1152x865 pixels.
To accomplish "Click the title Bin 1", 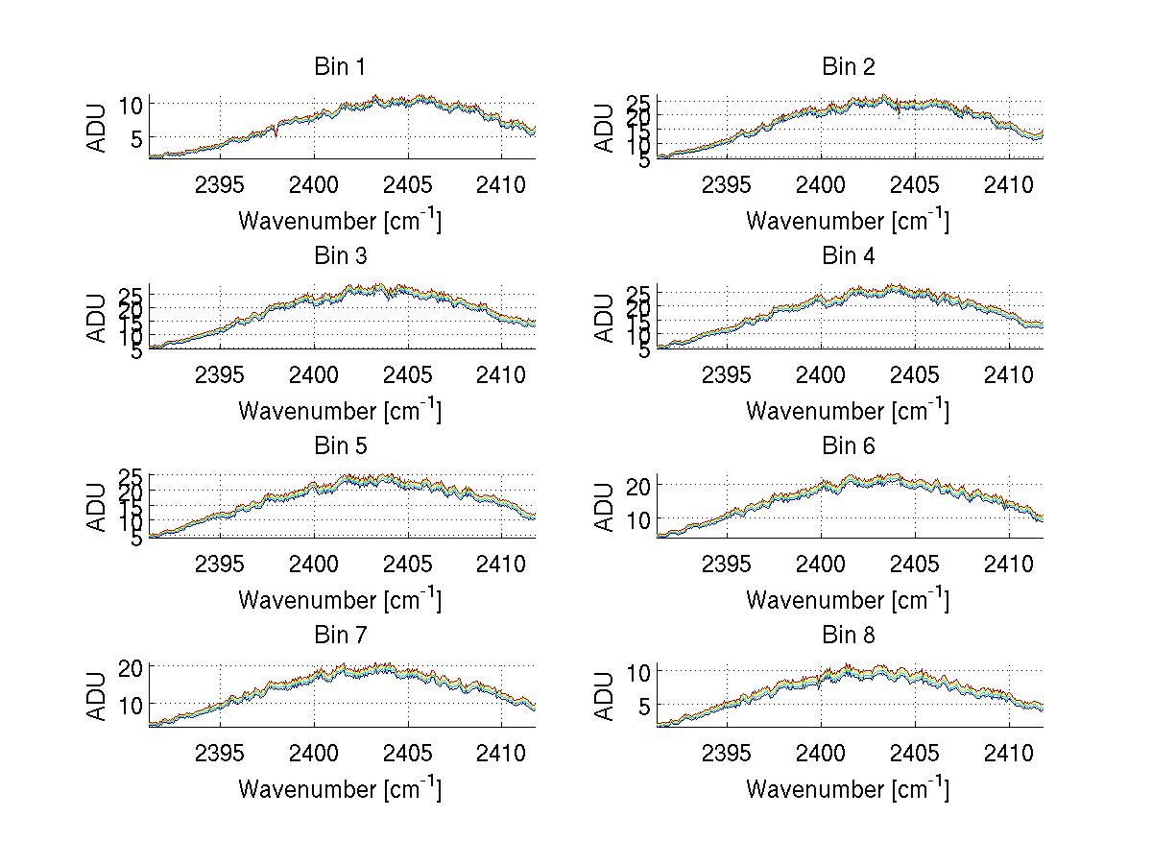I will [x=340, y=67].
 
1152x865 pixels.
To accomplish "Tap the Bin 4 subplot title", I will [x=849, y=256].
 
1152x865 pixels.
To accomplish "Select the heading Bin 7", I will [x=340, y=636].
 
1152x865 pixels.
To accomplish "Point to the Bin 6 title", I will [x=849, y=446].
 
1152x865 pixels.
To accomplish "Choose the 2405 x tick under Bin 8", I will [x=915, y=752].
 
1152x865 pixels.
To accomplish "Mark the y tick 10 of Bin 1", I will [x=132, y=104].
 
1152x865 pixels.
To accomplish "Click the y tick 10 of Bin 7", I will [x=132, y=704].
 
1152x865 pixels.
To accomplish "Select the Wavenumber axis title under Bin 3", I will [x=340, y=410].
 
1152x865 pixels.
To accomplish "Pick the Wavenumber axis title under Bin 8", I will [x=849, y=788].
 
